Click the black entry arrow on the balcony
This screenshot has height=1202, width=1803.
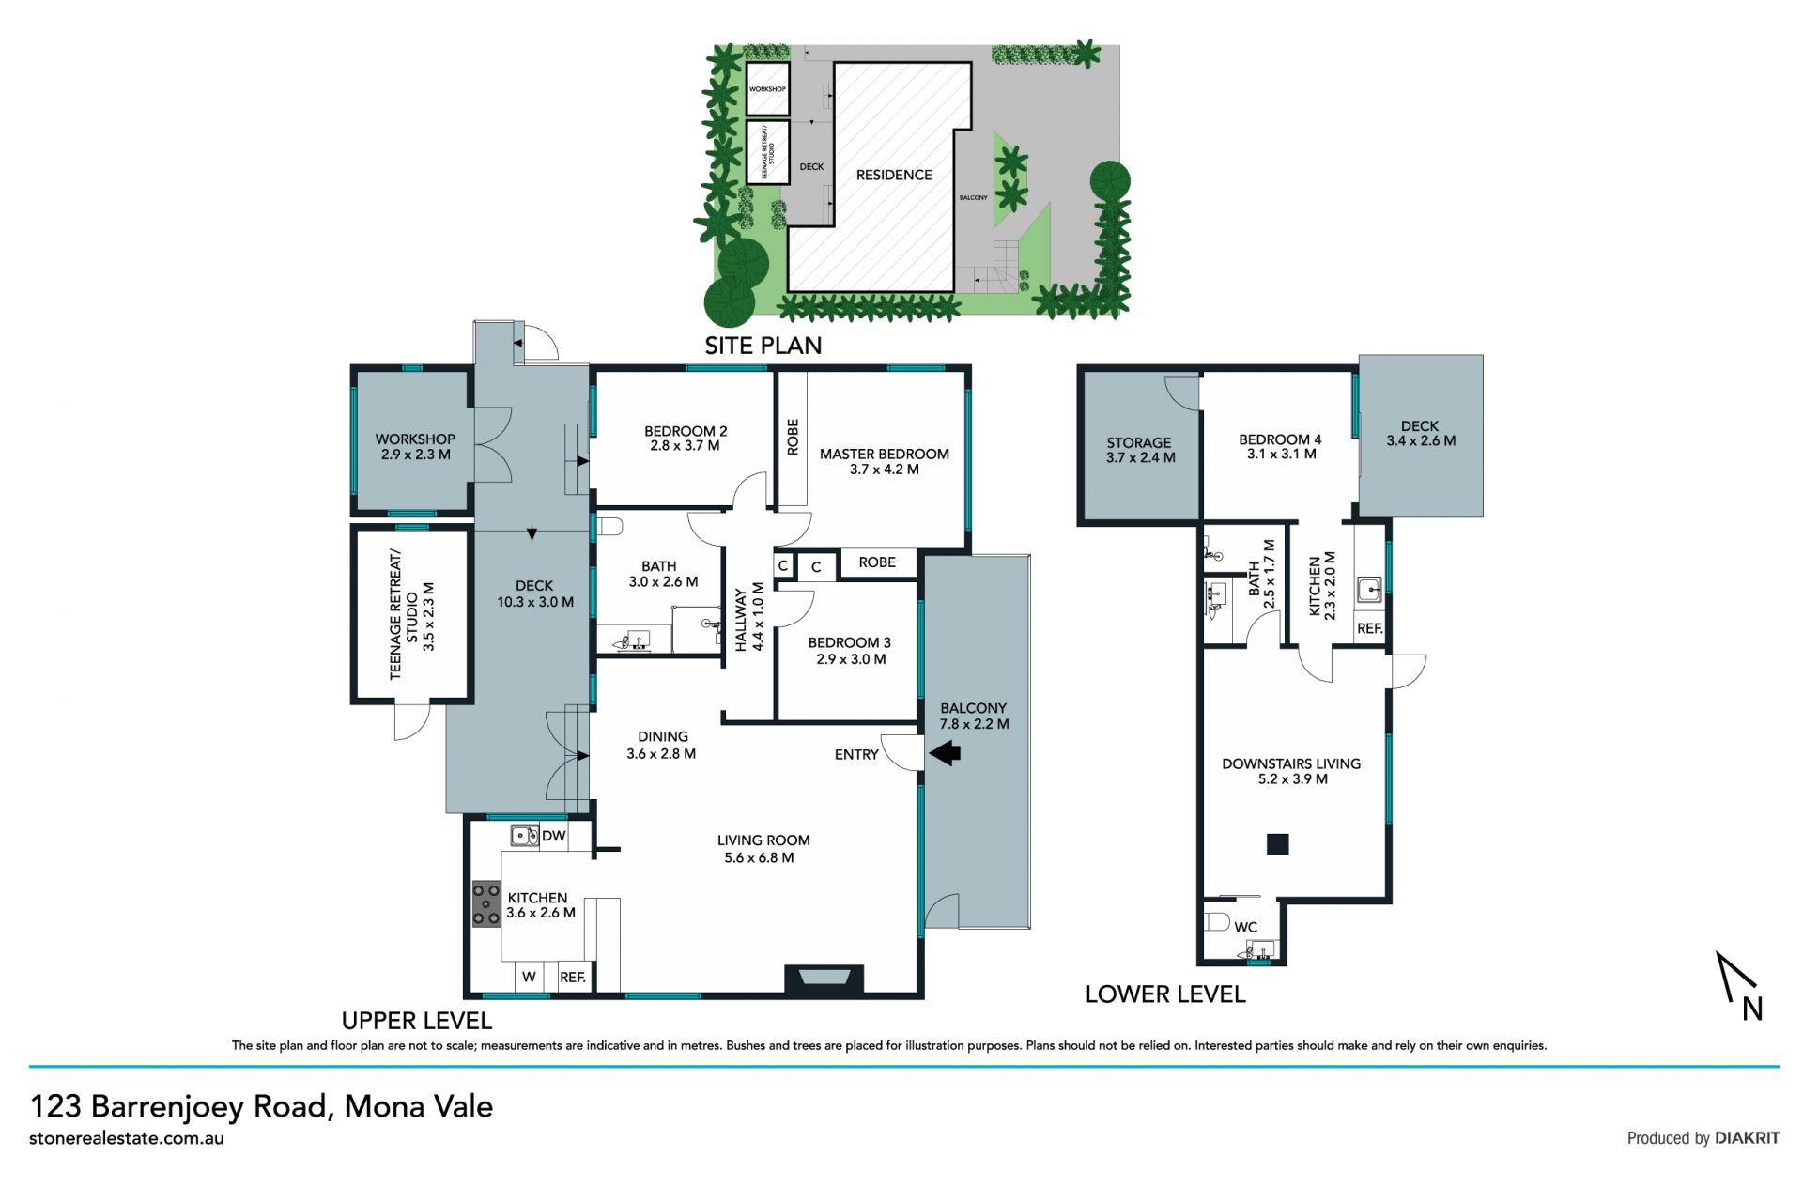coord(945,752)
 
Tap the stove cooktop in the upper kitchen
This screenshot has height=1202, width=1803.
coord(486,904)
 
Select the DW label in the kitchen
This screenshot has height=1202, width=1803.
coord(554,836)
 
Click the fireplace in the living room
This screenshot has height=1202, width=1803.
coord(824,979)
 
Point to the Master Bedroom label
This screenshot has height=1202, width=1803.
coord(885,454)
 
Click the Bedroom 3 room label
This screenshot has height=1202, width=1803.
coord(850,642)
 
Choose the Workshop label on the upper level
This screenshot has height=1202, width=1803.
coord(415,439)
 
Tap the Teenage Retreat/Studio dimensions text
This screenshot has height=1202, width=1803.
coord(429,617)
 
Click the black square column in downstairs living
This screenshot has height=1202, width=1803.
coord(1277,843)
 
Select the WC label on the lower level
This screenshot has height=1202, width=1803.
coord(1246,927)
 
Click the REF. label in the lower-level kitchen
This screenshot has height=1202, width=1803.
coord(1370,628)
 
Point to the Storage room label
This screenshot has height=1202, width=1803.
coord(1139,442)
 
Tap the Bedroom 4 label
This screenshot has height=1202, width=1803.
coord(1280,439)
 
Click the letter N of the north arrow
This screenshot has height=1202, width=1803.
coord(1752,1009)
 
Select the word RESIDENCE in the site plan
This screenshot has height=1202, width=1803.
coord(894,175)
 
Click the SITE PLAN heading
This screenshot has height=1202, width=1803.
coord(763,346)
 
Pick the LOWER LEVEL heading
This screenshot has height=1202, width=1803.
coord(1165,994)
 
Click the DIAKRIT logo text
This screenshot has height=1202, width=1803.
coord(1748,1138)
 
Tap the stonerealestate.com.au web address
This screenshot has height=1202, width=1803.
coord(127,1138)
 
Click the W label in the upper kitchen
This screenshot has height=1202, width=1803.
coord(529,977)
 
